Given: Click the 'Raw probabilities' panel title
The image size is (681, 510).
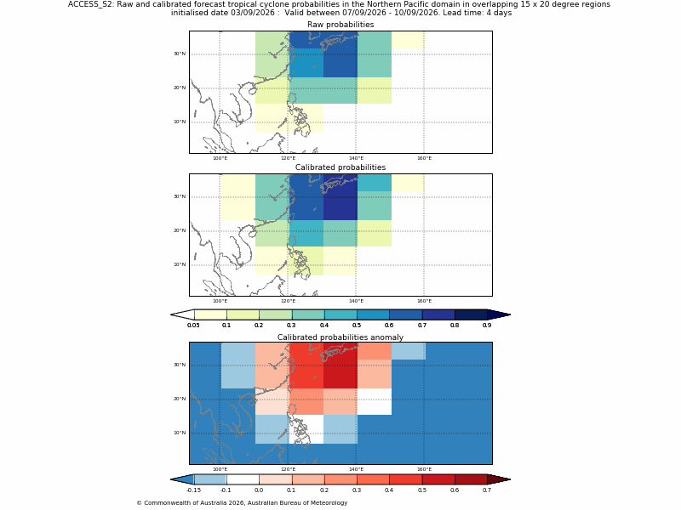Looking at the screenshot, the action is click(x=340, y=25).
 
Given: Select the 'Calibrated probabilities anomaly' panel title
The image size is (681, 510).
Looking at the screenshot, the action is click(x=340, y=337).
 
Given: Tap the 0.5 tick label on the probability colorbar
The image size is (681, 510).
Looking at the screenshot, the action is click(x=357, y=326).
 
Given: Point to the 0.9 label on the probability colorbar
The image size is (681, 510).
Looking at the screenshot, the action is click(x=487, y=326).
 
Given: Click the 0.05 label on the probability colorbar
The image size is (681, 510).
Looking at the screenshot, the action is click(x=193, y=326).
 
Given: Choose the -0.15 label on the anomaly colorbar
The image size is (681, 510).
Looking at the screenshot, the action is click(x=193, y=490).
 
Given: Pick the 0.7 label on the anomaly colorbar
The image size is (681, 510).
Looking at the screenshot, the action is click(x=487, y=490).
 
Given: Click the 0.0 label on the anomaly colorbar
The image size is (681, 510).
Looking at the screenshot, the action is click(x=259, y=490).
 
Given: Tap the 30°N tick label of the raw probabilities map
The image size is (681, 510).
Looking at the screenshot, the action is click(x=180, y=54).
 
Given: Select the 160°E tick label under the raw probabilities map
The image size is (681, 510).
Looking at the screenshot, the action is click(x=424, y=158).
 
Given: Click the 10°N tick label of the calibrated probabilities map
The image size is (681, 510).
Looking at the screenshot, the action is click(x=180, y=264).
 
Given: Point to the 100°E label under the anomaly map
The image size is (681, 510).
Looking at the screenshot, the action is click(x=220, y=469).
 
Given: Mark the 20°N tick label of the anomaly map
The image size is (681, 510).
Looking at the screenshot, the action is click(x=180, y=399).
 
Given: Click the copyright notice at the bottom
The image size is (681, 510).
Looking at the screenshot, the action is click(x=242, y=502).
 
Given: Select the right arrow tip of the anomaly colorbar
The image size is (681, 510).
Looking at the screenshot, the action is click(x=510, y=479).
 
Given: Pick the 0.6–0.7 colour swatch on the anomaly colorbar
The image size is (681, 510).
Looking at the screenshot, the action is click(x=471, y=479).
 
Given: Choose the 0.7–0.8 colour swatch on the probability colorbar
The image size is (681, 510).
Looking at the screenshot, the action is click(x=438, y=314).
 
